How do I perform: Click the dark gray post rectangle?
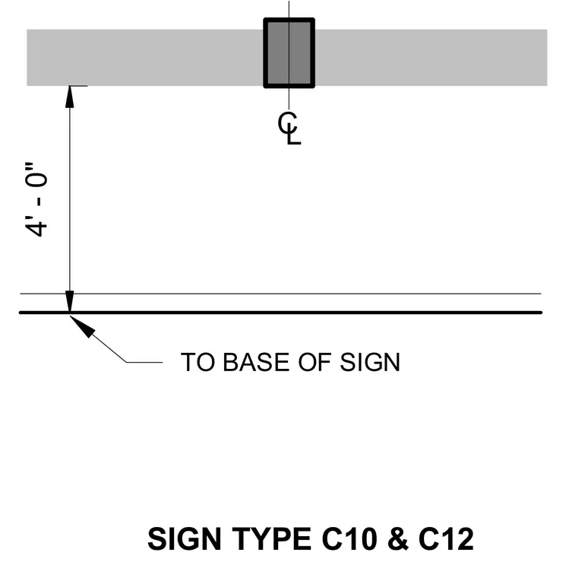click(x=289, y=52)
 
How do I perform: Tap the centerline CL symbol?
click(x=289, y=129)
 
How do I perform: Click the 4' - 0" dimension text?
click(x=36, y=199)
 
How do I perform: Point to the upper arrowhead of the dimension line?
click(x=70, y=97)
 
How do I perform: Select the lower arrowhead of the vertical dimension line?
click(x=70, y=301)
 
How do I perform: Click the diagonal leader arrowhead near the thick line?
click(x=82, y=326)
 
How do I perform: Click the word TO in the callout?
click(x=198, y=362)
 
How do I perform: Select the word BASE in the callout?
click(x=256, y=362)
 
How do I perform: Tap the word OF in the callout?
click(x=315, y=362)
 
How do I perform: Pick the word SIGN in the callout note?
click(x=370, y=362)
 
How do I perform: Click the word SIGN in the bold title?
click(x=184, y=539)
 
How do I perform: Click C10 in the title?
click(x=349, y=539)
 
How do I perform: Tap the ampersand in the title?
click(x=398, y=539)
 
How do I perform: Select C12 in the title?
click(x=446, y=539)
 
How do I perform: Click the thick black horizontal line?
click(x=280, y=313)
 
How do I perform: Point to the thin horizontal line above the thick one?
click(x=280, y=294)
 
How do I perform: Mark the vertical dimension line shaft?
click(x=70, y=199)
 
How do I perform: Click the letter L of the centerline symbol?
click(x=293, y=135)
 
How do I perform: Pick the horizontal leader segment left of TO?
click(x=144, y=362)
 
